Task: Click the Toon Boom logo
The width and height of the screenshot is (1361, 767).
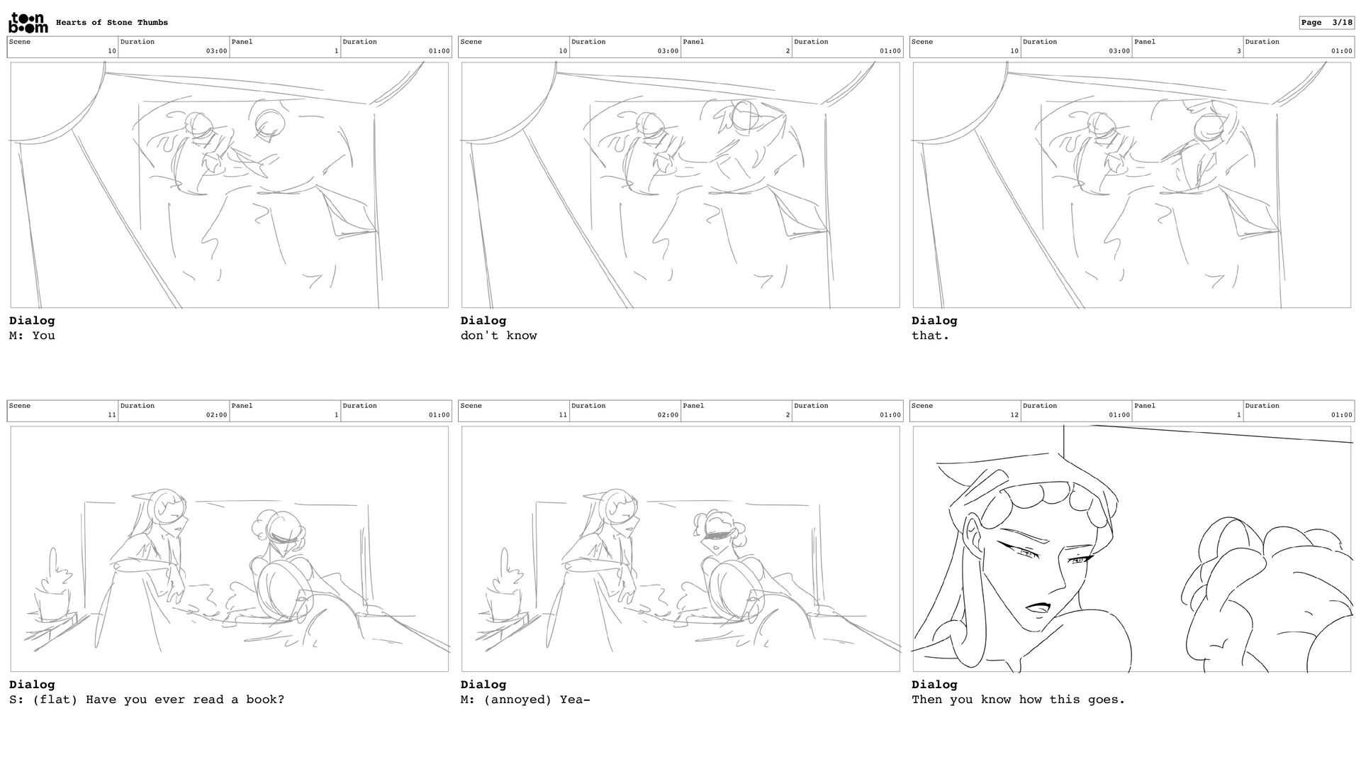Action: tap(28, 23)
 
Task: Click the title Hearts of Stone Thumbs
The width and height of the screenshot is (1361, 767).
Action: tap(112, 23)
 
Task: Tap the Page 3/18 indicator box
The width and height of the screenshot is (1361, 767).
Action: tap(1326, 23)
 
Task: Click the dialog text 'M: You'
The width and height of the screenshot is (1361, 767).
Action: tap(32, 336)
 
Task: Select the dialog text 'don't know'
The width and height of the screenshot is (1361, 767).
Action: tap(499, 336)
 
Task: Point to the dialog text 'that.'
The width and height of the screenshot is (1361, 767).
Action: tap(931, 336)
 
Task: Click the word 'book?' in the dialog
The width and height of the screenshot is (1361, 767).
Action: tap(265, 700)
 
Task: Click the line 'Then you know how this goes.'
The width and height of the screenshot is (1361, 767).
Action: tap(1019, 700)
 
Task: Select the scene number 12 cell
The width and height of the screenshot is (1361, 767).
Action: tap(965, 411)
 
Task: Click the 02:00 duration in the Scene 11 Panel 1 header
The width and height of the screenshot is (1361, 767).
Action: tap(217, 415)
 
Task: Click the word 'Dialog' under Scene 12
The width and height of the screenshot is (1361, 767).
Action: tap(934, 685)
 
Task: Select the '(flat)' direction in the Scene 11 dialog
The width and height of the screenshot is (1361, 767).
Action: tap(55, 700)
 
